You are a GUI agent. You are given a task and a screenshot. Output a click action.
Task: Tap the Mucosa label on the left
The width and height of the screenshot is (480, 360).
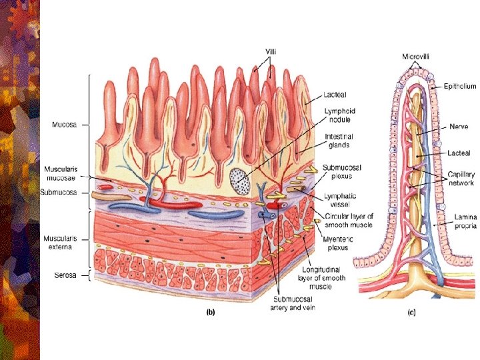tap(65, 125)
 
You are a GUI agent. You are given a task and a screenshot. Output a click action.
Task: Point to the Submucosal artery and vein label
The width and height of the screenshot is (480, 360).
tap(293, 303)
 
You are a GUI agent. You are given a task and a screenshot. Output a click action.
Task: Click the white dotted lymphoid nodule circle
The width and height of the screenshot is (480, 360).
tap(239, 179)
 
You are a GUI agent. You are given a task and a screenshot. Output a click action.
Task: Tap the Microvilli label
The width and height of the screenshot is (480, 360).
tap(415, 57)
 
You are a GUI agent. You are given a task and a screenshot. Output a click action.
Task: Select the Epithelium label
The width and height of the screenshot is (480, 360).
tap(461, 86)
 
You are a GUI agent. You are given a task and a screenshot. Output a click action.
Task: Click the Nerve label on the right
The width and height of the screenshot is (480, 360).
tap(459, 126)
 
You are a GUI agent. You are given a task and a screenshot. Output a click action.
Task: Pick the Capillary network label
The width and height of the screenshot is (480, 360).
tap(461, 178)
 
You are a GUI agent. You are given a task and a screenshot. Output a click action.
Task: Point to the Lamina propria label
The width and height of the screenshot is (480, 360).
tap(465, 221)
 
